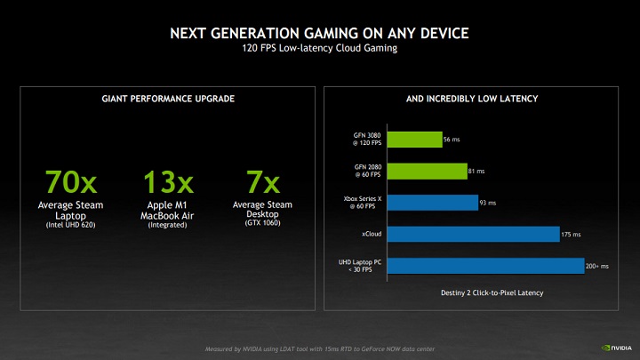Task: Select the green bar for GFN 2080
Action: tap(429, 171)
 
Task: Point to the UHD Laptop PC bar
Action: tap(483, 266)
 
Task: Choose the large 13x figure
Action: tap(168, 182)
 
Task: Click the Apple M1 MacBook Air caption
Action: tap(169, 212)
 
